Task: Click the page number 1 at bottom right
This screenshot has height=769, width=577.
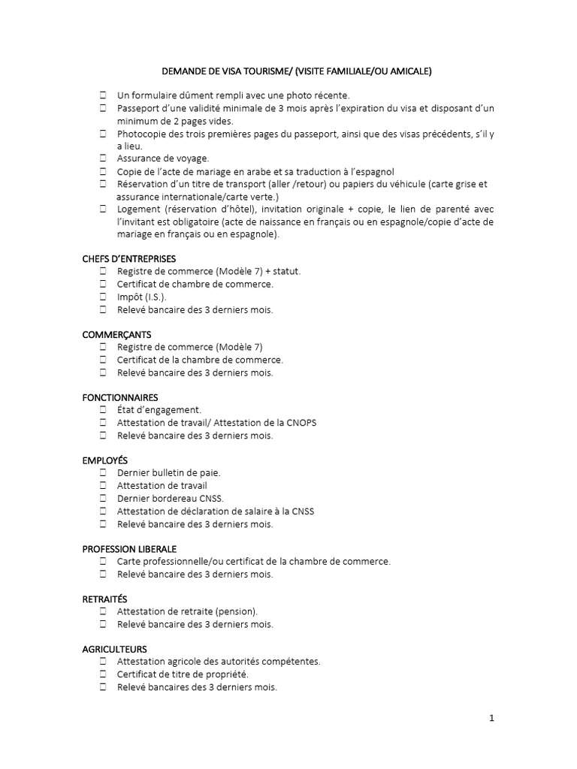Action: [x=491, y=718]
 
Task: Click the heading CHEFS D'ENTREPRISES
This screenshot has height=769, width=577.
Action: [x=128, y=258]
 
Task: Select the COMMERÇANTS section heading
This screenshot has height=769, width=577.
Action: [x=116, y=334]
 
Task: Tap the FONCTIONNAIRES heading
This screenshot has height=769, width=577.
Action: [x=120, y=397]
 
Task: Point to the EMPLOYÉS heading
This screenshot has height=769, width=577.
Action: [x=105, y=460]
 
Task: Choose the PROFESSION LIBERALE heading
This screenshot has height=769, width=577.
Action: [x=129, y=549]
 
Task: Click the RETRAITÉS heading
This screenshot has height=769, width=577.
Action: [x=104, y=599]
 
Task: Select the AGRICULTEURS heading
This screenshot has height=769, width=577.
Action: [x=114, y=649]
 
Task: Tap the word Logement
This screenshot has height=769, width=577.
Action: [x=138, y=209]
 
